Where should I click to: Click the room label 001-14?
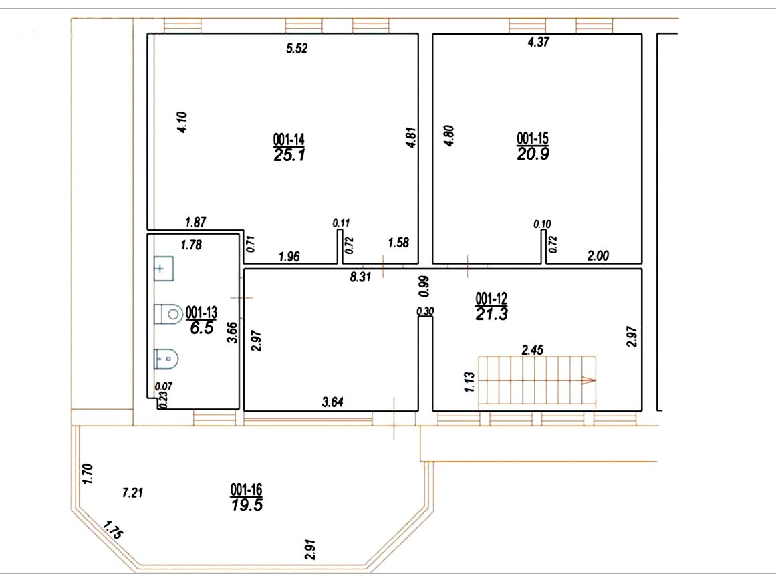pyautogui.click(x=289, y=139)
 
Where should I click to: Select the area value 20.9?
pyautogui.click(x=533, y=154)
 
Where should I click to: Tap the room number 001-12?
pyautogui.click(x=491, y=299)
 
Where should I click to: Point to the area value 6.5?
pyautogui.click(x=202, y=327)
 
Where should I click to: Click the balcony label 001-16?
pyautogui.click(x=246, y=490)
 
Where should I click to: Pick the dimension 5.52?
pyautogui.click(x=297, y=49)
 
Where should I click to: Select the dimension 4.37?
pyautogui.click(x=539, y=42)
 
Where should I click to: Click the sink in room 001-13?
pyautogui.click(x=163, y=268)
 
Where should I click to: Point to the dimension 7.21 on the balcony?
pyautogui.click(x=132, y=493)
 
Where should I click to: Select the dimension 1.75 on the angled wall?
pyautogui.click(x=113, y=530)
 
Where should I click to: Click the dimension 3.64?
pyautogui.click(x=333, y=402)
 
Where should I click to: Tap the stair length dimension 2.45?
pyautogui.click(x=533, y=350)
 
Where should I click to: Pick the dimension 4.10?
pyautogui.click(x=182, y=122)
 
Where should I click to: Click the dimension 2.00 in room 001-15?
pyautogui.click(x=598, y=256)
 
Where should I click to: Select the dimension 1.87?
pyautogui.click(x=195, y=223)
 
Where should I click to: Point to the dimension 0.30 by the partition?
pyautogui.click(x=426, y=311)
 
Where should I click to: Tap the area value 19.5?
pyautogui.click(x=247, y=506)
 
